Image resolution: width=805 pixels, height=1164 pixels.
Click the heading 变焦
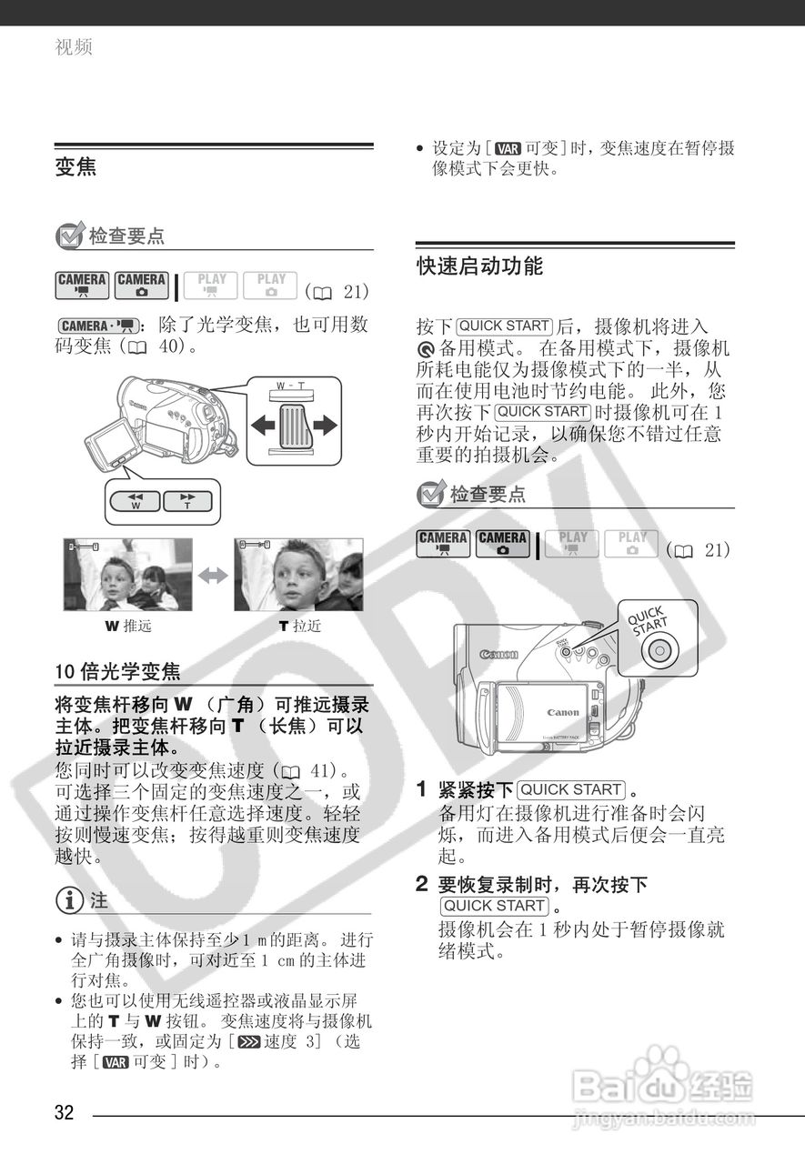[x=75, y=168]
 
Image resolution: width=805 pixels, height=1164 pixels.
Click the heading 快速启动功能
[x=479, y=266]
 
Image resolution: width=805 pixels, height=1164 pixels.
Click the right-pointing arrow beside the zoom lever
[x=322, y=425]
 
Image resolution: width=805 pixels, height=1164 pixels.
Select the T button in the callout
[x=187, y=501]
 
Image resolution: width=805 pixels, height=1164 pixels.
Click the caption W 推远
[x=127, y=627]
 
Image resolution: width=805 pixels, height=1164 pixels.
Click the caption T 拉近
[x=299, y=627]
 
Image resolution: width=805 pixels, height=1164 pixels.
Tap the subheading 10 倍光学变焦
[x=117, y=672]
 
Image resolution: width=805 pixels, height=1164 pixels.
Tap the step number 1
[x=422, y=788]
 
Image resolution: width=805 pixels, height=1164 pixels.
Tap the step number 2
[x=422, y=883]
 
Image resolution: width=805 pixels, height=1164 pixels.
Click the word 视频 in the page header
[x=73, y=46]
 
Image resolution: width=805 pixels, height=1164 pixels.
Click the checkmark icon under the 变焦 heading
[x=70, y=236]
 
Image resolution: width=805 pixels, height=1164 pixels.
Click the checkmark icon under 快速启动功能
[x=430, y=495]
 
